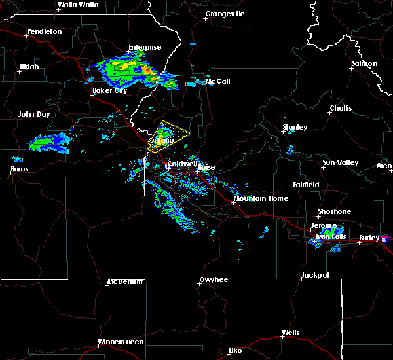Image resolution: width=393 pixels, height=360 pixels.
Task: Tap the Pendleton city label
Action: [x=44, y=32]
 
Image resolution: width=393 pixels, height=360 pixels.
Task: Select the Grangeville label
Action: [x=225, y=14]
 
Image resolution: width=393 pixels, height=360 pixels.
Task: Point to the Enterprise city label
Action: [x=144, y=47]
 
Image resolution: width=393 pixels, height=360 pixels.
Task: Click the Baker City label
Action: [x=109, y=91]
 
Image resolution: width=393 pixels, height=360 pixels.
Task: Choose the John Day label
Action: [x=33, y=115]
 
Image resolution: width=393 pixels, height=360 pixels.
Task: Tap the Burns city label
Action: [x=20, y=170]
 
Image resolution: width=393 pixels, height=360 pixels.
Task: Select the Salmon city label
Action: [x=364, y=64]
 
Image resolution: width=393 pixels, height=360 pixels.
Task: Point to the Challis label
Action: [x=341, y=109]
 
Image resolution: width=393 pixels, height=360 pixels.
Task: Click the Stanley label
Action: [x=294, y=127]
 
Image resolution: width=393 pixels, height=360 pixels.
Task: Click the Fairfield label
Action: [x=305, y=185]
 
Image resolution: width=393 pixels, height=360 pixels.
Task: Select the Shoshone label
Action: [x=334, y=212]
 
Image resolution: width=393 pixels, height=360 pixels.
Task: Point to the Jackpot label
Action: [x=315, y=276]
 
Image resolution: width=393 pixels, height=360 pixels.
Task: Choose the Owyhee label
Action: [x=214, y=280]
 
